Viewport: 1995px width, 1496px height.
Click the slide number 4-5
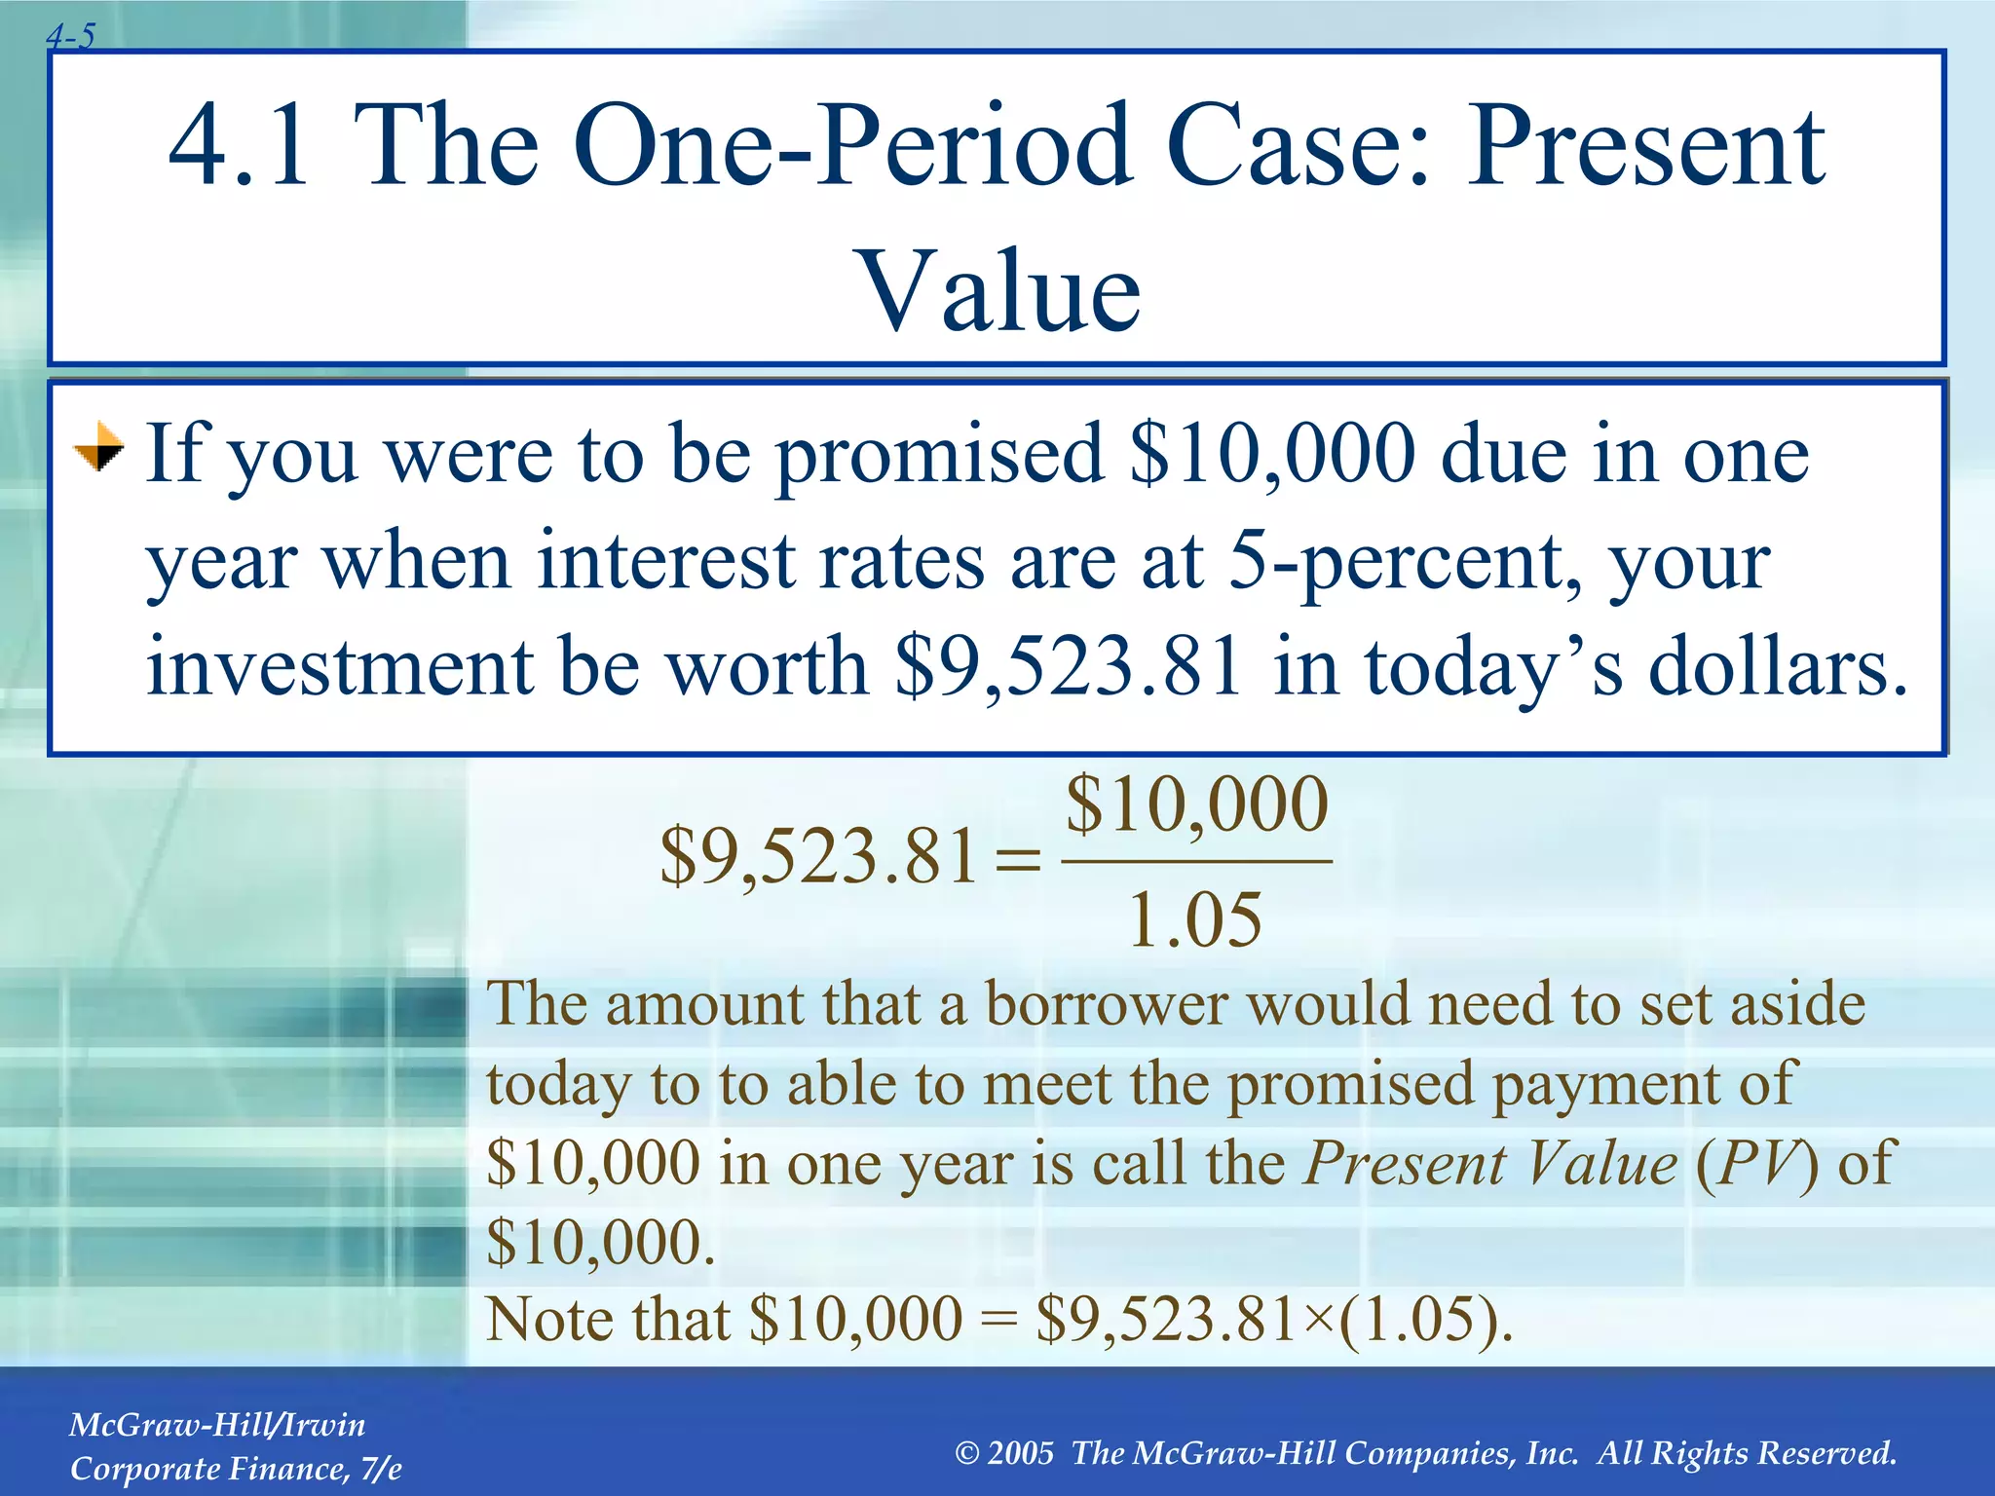click(x=71, y=37)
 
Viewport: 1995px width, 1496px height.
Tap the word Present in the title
click(x=1646, y=146)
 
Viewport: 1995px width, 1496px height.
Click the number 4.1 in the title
click(x=239, y=146)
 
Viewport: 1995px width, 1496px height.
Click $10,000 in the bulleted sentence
click(x=1271, y=454)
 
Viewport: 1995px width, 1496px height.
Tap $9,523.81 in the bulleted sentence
click(x=1070, y=668)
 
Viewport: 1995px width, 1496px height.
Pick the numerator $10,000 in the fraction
click(x=1197, y=804)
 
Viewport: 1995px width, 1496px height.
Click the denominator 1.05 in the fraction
click(x=1195, y=919)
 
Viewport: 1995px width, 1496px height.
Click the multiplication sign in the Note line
click(x=1320, y=1321)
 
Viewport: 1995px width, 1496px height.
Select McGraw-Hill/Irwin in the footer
click(x=217, y=1425)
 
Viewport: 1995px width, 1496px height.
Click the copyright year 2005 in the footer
click(x=1020, y=1453)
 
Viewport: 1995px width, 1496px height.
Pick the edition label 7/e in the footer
click(x=380, y=1469)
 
